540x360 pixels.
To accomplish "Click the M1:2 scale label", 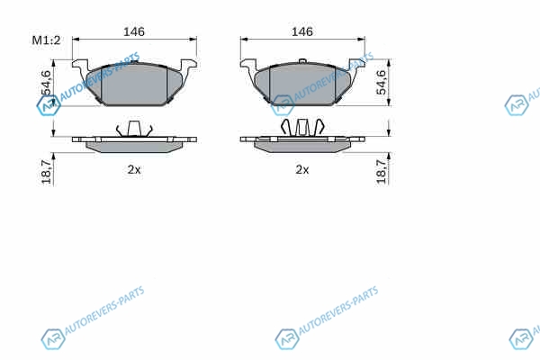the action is tap(46, 40).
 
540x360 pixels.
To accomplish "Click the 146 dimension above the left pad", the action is tap(134, 31).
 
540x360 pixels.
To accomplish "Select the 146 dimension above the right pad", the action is tap(302, 31).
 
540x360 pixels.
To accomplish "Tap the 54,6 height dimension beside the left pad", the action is tap(46, 82).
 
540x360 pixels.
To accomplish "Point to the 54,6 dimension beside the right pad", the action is tap(381, 82).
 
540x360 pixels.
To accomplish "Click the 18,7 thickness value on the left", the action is tap(46, 172).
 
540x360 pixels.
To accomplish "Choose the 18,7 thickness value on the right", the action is tap(381, 172).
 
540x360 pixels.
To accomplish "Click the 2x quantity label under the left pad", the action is tap(134, 169).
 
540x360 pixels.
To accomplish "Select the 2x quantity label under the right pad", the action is tap(302, 169).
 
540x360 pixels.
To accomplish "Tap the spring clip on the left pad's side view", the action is tap(134, 129).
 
